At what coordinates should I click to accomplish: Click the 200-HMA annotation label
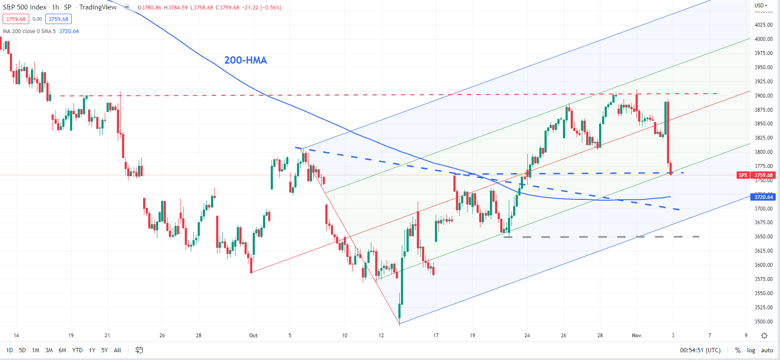point(245,61)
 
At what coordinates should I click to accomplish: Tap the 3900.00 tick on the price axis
point(764,96)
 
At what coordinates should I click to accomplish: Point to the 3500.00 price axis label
point(764,322)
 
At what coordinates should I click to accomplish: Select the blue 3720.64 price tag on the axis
point(764,197)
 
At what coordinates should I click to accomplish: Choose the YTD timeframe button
point(77,351)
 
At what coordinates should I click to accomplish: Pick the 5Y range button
point(104,351)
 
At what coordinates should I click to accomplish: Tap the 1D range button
point(9,351)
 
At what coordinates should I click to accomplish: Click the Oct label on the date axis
point(253,336)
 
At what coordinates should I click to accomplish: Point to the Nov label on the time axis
point(636,336)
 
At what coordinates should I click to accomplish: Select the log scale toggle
point(751,351)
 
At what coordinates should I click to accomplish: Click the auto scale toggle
point(767,351)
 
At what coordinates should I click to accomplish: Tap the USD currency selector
point(761,6)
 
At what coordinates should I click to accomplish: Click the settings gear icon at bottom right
point(764,336)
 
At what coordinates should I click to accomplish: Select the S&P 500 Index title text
point(24,7)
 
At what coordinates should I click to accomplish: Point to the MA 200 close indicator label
point(29,31)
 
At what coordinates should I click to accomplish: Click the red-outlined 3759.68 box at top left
point(16,19)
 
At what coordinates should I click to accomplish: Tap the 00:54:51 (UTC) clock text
point(700,351)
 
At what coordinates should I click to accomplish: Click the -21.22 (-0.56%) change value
point(261,8)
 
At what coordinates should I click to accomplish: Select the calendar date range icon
point(139,351)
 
